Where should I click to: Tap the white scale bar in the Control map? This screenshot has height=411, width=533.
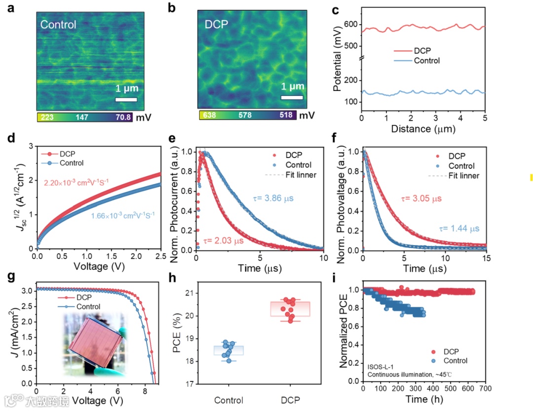126,99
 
